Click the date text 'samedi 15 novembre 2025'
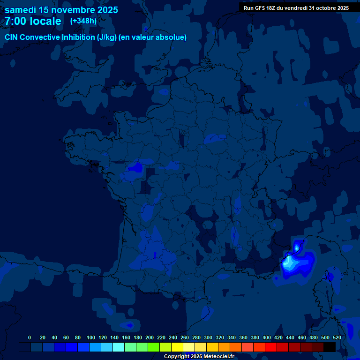(x=61, y=10)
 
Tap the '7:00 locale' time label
(x=33, y=21)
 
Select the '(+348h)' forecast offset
(x=83, y=21)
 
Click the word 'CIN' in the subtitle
(x=12, y=37)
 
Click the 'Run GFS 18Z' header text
(x=260, y=8)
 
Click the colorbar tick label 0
(x=30, y=337)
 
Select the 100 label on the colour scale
(x=91, y=337)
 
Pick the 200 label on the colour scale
(x=150, y=337)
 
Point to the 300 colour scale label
(x=208, y=337)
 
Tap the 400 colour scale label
(x=267, y=337)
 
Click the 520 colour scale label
(x=337, y=337)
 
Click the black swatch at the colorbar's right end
(x=330, y=347)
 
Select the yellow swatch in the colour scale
(x=177, y=347)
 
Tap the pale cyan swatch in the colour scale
(x=119, y=347)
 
